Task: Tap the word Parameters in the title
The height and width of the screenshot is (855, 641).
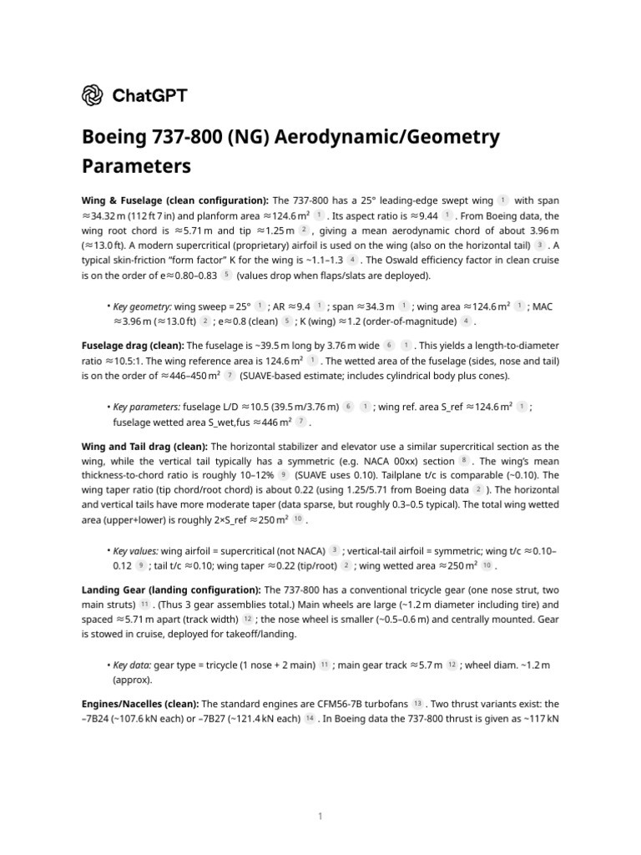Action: (136, 166)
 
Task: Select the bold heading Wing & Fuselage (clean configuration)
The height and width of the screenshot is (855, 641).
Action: (175, 201)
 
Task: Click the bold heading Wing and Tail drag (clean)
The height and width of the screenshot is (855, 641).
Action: (145, 447)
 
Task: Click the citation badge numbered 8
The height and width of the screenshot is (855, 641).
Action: (463, 461)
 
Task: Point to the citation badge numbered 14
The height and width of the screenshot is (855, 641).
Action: (310, 719)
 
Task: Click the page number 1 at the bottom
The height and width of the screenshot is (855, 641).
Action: (320, 816)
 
